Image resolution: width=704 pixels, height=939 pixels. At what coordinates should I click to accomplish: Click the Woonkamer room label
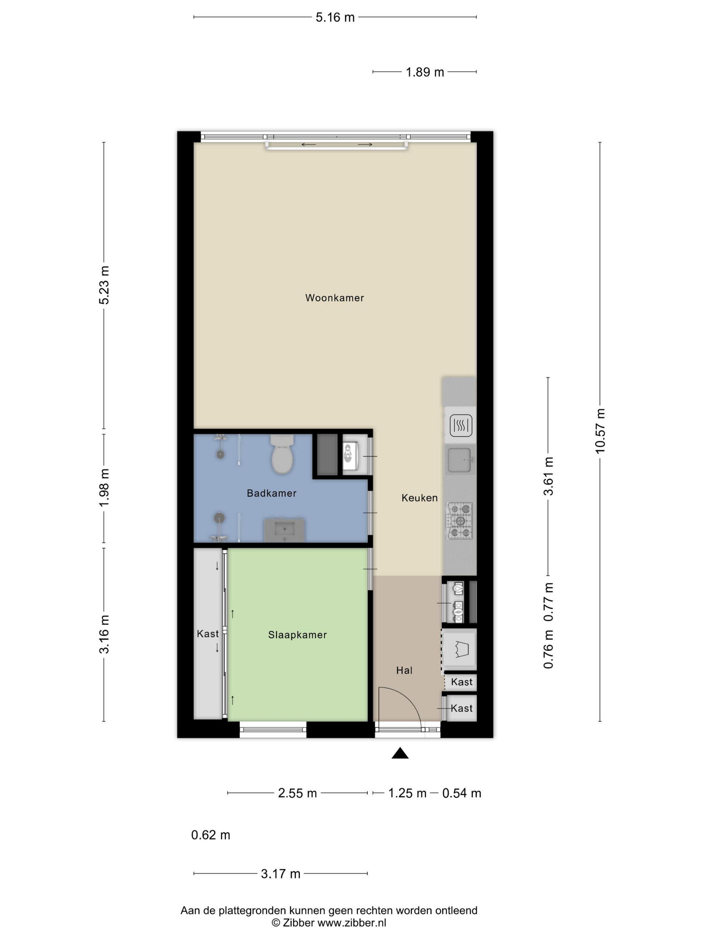coord(334,297)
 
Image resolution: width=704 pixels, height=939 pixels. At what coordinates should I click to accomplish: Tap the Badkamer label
coord(272,493)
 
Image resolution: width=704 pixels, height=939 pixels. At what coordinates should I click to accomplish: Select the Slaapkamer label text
coord(297,634)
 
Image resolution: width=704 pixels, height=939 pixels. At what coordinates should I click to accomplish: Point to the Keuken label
coord(419,498)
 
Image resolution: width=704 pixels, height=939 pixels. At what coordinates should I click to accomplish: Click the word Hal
coord(404,670)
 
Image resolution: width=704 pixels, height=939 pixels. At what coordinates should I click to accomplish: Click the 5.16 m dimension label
coord(335,17)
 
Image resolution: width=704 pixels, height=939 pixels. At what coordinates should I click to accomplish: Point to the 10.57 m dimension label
coord(600,431)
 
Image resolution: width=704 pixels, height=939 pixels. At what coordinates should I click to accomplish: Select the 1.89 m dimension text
coord(425,72)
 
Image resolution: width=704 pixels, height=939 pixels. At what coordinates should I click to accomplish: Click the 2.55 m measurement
coord(297,793)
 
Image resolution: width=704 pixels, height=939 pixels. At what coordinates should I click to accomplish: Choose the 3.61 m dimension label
coord(548,476)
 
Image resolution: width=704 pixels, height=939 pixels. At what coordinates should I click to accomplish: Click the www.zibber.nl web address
coord(352,923)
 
